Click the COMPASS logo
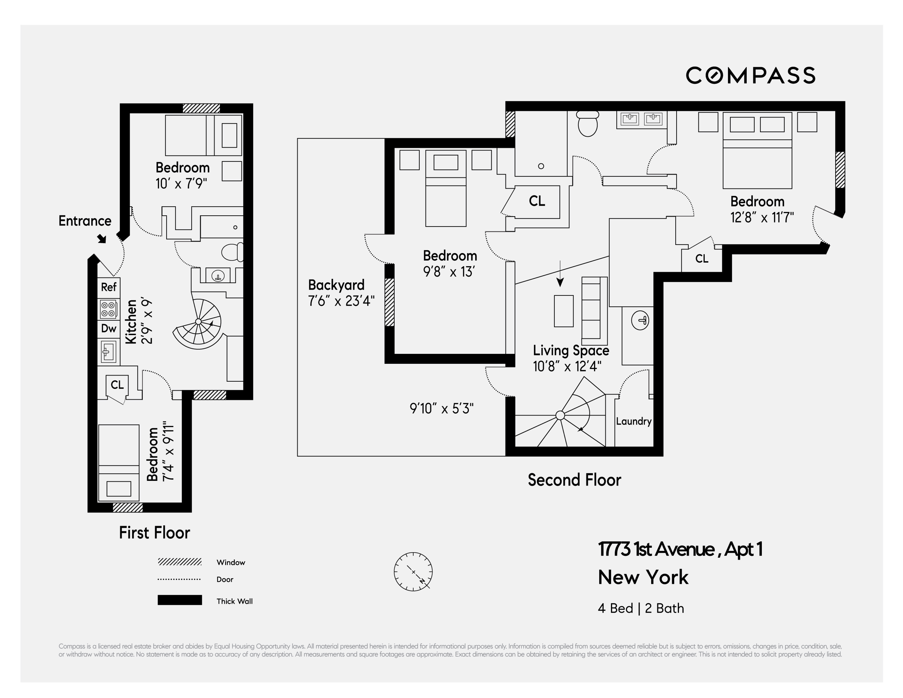coord(750,75)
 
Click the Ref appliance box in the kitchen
coord(109,287)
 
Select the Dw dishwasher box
coord(109,329)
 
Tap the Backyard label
coord(336,285)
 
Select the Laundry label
coord(633,421)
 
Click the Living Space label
coord(570,351)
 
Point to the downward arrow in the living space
coord(560,275)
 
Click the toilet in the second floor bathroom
coord(587,124)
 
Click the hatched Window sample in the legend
coord(180,562)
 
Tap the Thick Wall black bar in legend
coord(180,600)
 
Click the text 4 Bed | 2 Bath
coord(641,608)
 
